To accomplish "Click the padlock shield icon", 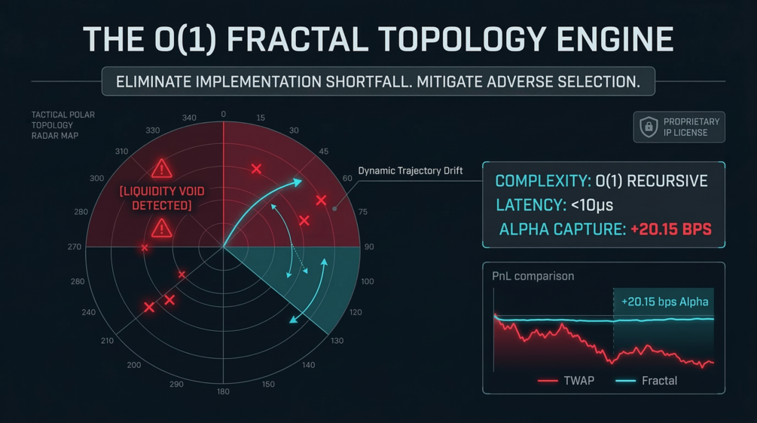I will tap(649, 127).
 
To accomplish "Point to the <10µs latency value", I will tap(592, 205).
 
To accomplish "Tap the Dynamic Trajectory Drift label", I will tap(410, 171).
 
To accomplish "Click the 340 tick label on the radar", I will tap(189, 118).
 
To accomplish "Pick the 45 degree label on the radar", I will tap(323, 152).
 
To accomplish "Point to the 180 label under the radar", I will tap(223, 392).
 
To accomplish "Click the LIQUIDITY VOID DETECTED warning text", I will tap(162, 198).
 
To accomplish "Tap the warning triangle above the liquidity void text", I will tap(161, 168).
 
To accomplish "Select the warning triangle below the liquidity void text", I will tap(161, 228).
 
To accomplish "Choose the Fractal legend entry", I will tap(659, 381).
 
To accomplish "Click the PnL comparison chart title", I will tap(533, 276).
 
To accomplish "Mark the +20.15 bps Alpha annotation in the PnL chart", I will tap(664, 302).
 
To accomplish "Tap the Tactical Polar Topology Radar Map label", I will tap(63, 125).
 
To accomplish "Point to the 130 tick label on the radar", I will tap(337, 341).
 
